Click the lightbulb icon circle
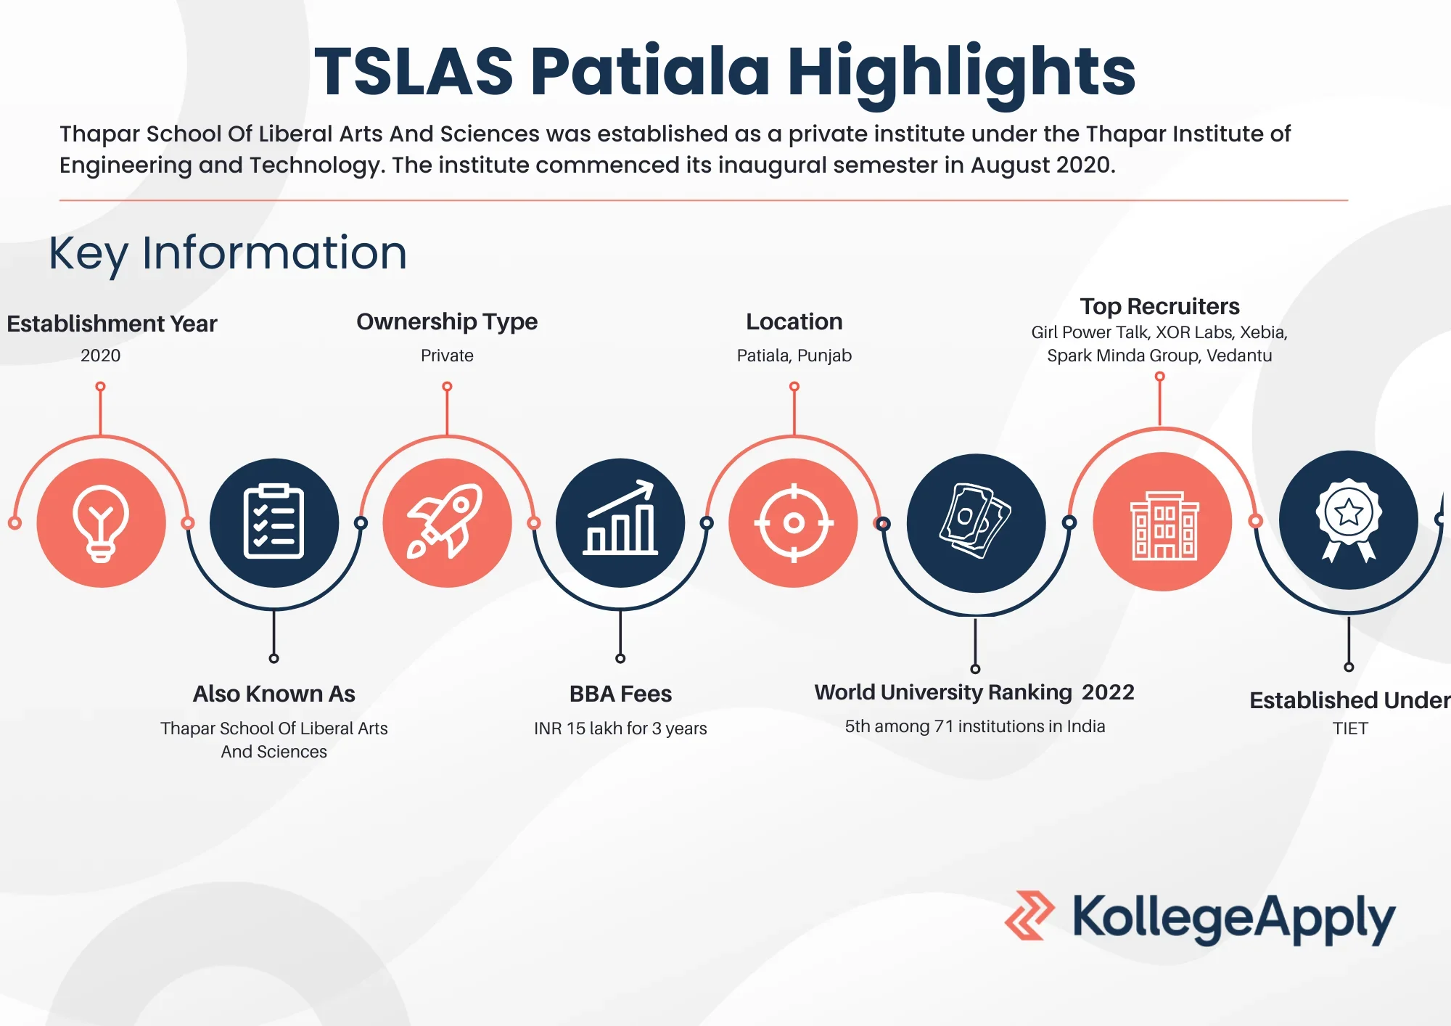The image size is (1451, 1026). (x=101, y=522)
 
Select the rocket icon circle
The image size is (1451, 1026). (x=447, y=522)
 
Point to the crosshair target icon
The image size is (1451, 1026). (x=794, y=522)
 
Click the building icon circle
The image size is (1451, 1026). (x=1162, y=522)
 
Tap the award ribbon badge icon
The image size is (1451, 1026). (x=1348, y=520)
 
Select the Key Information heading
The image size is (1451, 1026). (x=228, y=254)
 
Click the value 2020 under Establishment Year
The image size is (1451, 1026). (x=101, y=356)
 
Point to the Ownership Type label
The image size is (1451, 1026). (x=447, y=321)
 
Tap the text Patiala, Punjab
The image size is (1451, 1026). (x=794, y=356)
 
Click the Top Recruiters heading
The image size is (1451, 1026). (x=1159, y=306)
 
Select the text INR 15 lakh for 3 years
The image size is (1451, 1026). (x=620, y=729)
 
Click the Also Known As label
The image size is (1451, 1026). (x=274, y=694)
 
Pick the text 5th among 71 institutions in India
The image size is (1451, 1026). (x=975, y=726)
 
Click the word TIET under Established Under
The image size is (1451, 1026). (x=1350, y=729)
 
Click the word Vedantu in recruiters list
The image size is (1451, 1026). (x=1239, y=356)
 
